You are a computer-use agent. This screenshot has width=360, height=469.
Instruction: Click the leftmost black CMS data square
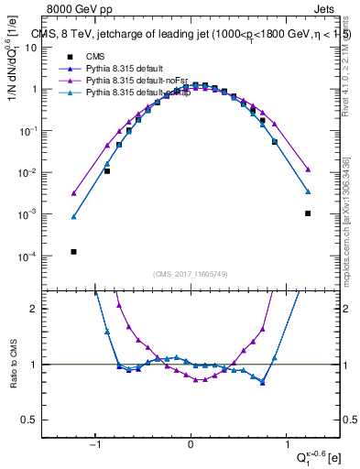(x=73, y=251)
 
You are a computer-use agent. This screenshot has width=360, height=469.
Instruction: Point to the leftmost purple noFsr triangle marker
(x=73, y=193)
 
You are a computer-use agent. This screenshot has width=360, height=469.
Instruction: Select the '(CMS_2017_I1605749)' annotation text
(x=191, y=274)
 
